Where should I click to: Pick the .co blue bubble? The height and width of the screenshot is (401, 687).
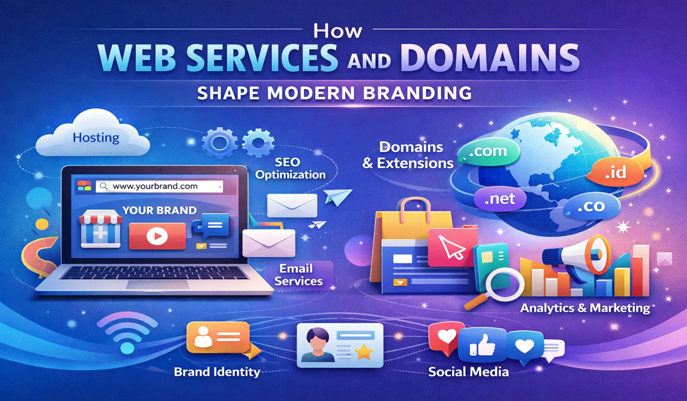tap(591, 206)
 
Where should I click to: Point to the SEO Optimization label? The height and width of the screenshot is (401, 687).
tap(290, 168)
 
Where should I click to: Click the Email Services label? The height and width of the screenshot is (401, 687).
tap(298, 274)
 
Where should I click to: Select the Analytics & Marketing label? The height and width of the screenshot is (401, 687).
tap(585, 308)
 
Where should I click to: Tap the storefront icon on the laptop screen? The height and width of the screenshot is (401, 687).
tap(100, 229)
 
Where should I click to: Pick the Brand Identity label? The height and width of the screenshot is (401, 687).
tap(217, 372)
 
